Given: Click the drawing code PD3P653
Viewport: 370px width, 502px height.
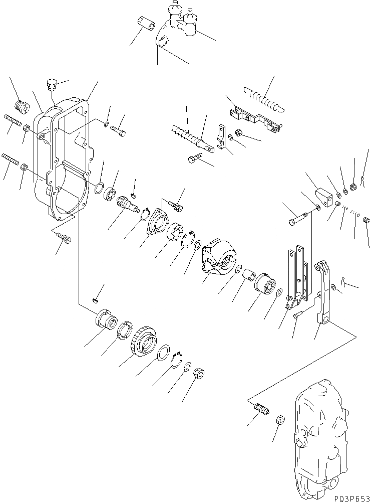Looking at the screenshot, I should coord(351,496).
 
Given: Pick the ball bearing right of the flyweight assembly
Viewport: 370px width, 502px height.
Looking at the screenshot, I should coord(264,285).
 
